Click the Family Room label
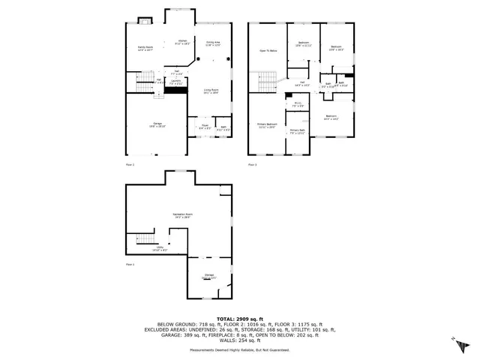145,48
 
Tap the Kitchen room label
181,42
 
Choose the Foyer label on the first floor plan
204,127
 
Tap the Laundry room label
175,82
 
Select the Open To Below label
268,51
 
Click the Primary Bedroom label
268,125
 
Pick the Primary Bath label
298,132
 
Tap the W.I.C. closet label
297,104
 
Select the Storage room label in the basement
209,277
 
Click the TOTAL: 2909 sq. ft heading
240,318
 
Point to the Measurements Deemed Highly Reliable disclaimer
240,349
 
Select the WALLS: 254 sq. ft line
240,340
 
